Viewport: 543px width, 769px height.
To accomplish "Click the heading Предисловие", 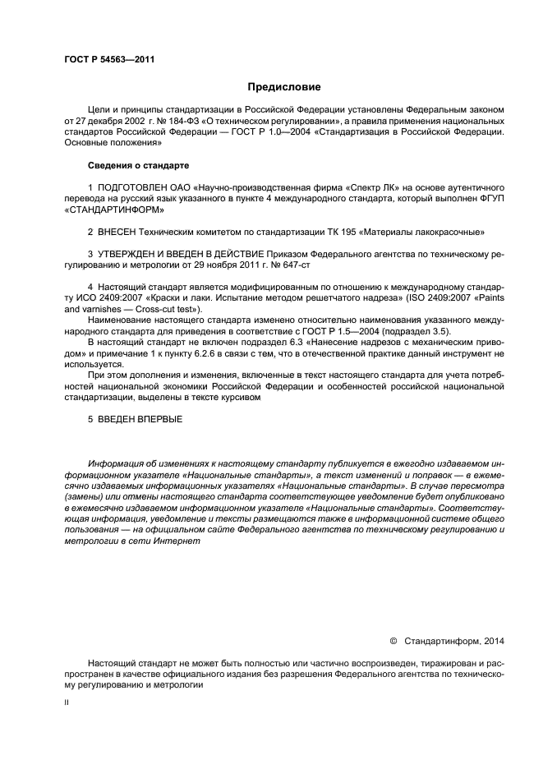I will pos(284,86).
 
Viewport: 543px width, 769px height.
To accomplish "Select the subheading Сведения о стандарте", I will pos(126,166).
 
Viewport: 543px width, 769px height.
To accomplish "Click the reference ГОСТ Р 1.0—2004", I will pos(248,131).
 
